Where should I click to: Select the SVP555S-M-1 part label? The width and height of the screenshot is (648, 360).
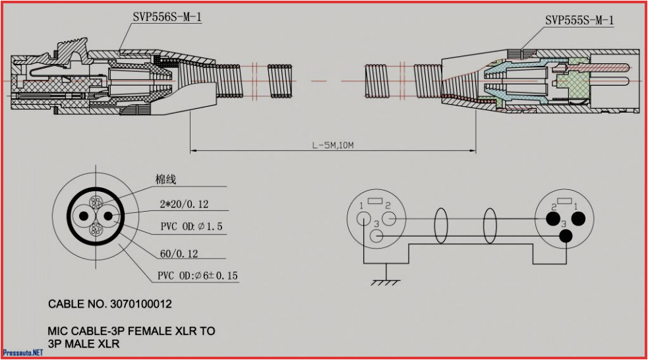click(x=579, y=20)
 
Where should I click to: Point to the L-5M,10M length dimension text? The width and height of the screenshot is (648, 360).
click(x=333, y=144)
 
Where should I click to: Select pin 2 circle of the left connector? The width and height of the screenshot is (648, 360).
click(x=389, y=218)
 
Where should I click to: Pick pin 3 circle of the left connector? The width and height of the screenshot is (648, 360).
click(x=376, y=236)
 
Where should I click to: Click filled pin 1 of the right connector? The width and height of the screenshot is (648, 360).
click(x=578, y=218)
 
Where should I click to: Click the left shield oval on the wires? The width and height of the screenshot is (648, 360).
click(x=442, y=227)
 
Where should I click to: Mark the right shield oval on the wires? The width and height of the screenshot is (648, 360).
click(x=490, y=227)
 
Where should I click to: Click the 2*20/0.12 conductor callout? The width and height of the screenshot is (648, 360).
click(x=183, y=204)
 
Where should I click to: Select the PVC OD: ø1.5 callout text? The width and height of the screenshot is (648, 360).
click(x=191, y=227)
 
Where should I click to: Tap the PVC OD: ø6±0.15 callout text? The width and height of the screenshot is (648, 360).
click(x=198, y=276)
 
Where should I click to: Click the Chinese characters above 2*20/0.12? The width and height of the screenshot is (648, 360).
click(x=165, y=179)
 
